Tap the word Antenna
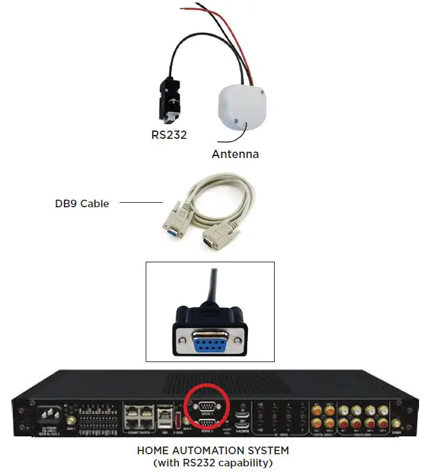pos(235,154)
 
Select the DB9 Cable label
pos(82,203)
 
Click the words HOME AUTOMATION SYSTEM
pos(213,450)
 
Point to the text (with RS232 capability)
pos(213,463)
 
